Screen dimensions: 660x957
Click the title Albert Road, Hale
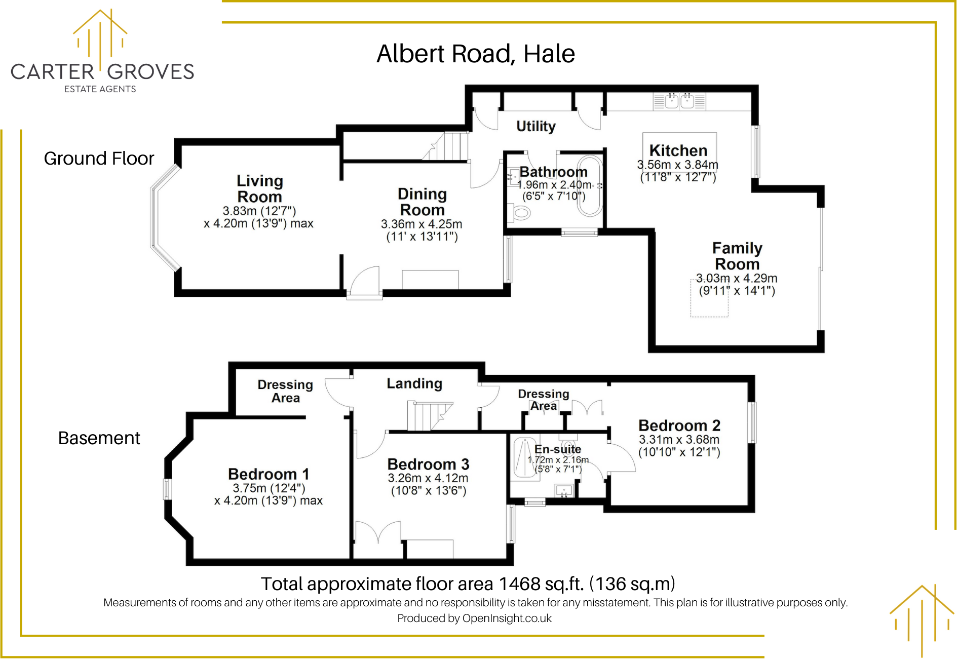tap(475, 54)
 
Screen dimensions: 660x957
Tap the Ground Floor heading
tap(99, 159)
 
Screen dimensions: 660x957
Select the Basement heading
tap(99, 438)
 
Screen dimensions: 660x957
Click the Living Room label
tap(259, 188)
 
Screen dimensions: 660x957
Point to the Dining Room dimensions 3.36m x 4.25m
tap(422, 224)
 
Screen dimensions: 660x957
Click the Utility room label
tap(535, 126)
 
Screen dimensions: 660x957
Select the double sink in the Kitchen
tap(679, 101)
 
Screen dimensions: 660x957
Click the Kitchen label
tap(678, 150)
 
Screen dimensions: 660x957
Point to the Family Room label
tap(737, 256)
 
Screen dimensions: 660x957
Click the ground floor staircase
tap(448, 146)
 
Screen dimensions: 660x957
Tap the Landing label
tap(414, 383)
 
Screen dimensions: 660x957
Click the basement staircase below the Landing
tap(429, 416)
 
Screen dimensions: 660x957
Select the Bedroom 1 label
tap(269, 474)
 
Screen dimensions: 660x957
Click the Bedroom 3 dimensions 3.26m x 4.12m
tap(428, 478)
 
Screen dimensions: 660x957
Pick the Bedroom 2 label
tap(679, 425)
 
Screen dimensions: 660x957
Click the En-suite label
tap(558, 449)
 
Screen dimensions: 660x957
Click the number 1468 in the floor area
tap(519, 584)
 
